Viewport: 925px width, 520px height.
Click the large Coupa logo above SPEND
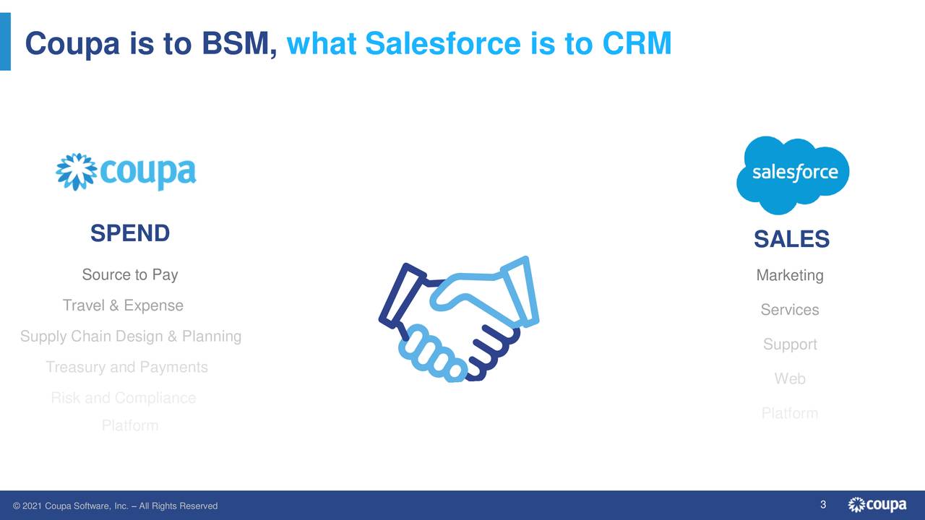coord(126,172)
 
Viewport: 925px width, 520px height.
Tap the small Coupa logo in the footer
coord(877,505)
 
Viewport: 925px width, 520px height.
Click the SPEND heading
coord(130,233)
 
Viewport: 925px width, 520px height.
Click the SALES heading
coord(791,239)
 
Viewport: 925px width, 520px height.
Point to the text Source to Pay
coord(130,274)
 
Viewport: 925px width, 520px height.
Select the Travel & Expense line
coord(123,305)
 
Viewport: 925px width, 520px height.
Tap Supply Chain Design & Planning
coord(131,337)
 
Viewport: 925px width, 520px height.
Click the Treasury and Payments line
coord(126,368)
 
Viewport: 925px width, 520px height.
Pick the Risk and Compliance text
coord(123,398)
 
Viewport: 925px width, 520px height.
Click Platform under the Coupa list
coord(130,426)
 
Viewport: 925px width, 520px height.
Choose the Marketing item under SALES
coord(790,275)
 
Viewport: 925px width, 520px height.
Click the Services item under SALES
coord(790,310)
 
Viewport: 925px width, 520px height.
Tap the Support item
coord(790,344)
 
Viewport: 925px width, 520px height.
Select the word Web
coord(790,378)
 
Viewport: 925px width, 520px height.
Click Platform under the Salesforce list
coord(790,413)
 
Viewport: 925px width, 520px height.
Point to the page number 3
coord(823,504)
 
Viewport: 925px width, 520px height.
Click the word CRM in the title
coord(636,44)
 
